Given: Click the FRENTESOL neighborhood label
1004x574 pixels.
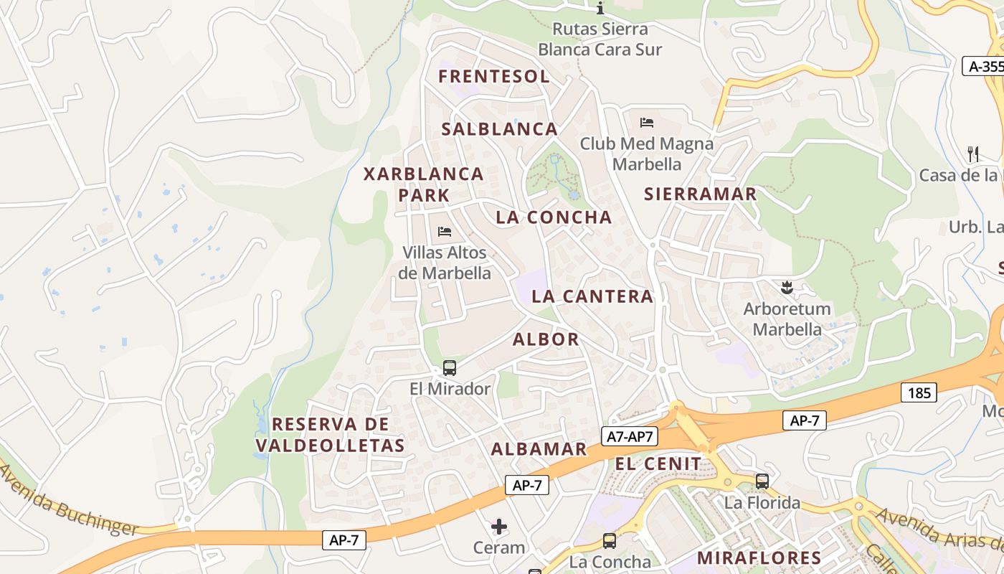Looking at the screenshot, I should pyautogui.click(x=494, y=77).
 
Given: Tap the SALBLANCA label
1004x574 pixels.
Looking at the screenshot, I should pyautogui.click(x=499, y=129).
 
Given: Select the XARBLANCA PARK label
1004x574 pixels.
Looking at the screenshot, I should pyautogui.click(x=424, y=184).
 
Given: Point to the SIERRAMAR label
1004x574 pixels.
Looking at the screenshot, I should pyautogui.click(x=700, y=194).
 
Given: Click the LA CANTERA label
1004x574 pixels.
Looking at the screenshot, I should pyautogui.click(x=592, y=296).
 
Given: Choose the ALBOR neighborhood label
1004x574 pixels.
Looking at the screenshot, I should pyautogui.click(x=546, y=339).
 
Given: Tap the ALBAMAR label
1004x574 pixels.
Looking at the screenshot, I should pyautogui.click(x=539, y=450).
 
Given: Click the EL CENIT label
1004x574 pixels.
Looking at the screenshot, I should pyautogui.click(x=658, y=464).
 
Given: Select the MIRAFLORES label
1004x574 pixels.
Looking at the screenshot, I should pyautogui.click(x=759, y=557).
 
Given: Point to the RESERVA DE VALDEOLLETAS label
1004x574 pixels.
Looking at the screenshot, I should pyautogui.click(x=330, y=435).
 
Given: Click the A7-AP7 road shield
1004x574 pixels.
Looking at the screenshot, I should pyautogui.click(x=630, y=436).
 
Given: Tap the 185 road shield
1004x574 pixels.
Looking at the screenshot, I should pyautogui.click(x=919, y=392).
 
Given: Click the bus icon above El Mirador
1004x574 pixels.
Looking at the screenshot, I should pyautogui.click(x=450, y=368).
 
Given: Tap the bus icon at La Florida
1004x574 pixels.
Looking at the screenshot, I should pyautogui.click(x=762, y=481).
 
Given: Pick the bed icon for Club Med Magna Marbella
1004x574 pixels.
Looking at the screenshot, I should pyautogui.click(x=647, y=123).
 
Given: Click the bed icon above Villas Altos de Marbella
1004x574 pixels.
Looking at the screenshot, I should pyautogui.click(x=445, y=232).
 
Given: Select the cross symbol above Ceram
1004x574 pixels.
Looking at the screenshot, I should pyautogui.click(x=499, y=527).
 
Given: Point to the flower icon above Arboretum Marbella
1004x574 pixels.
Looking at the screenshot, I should pyautogui.click(x=787, y=288).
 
